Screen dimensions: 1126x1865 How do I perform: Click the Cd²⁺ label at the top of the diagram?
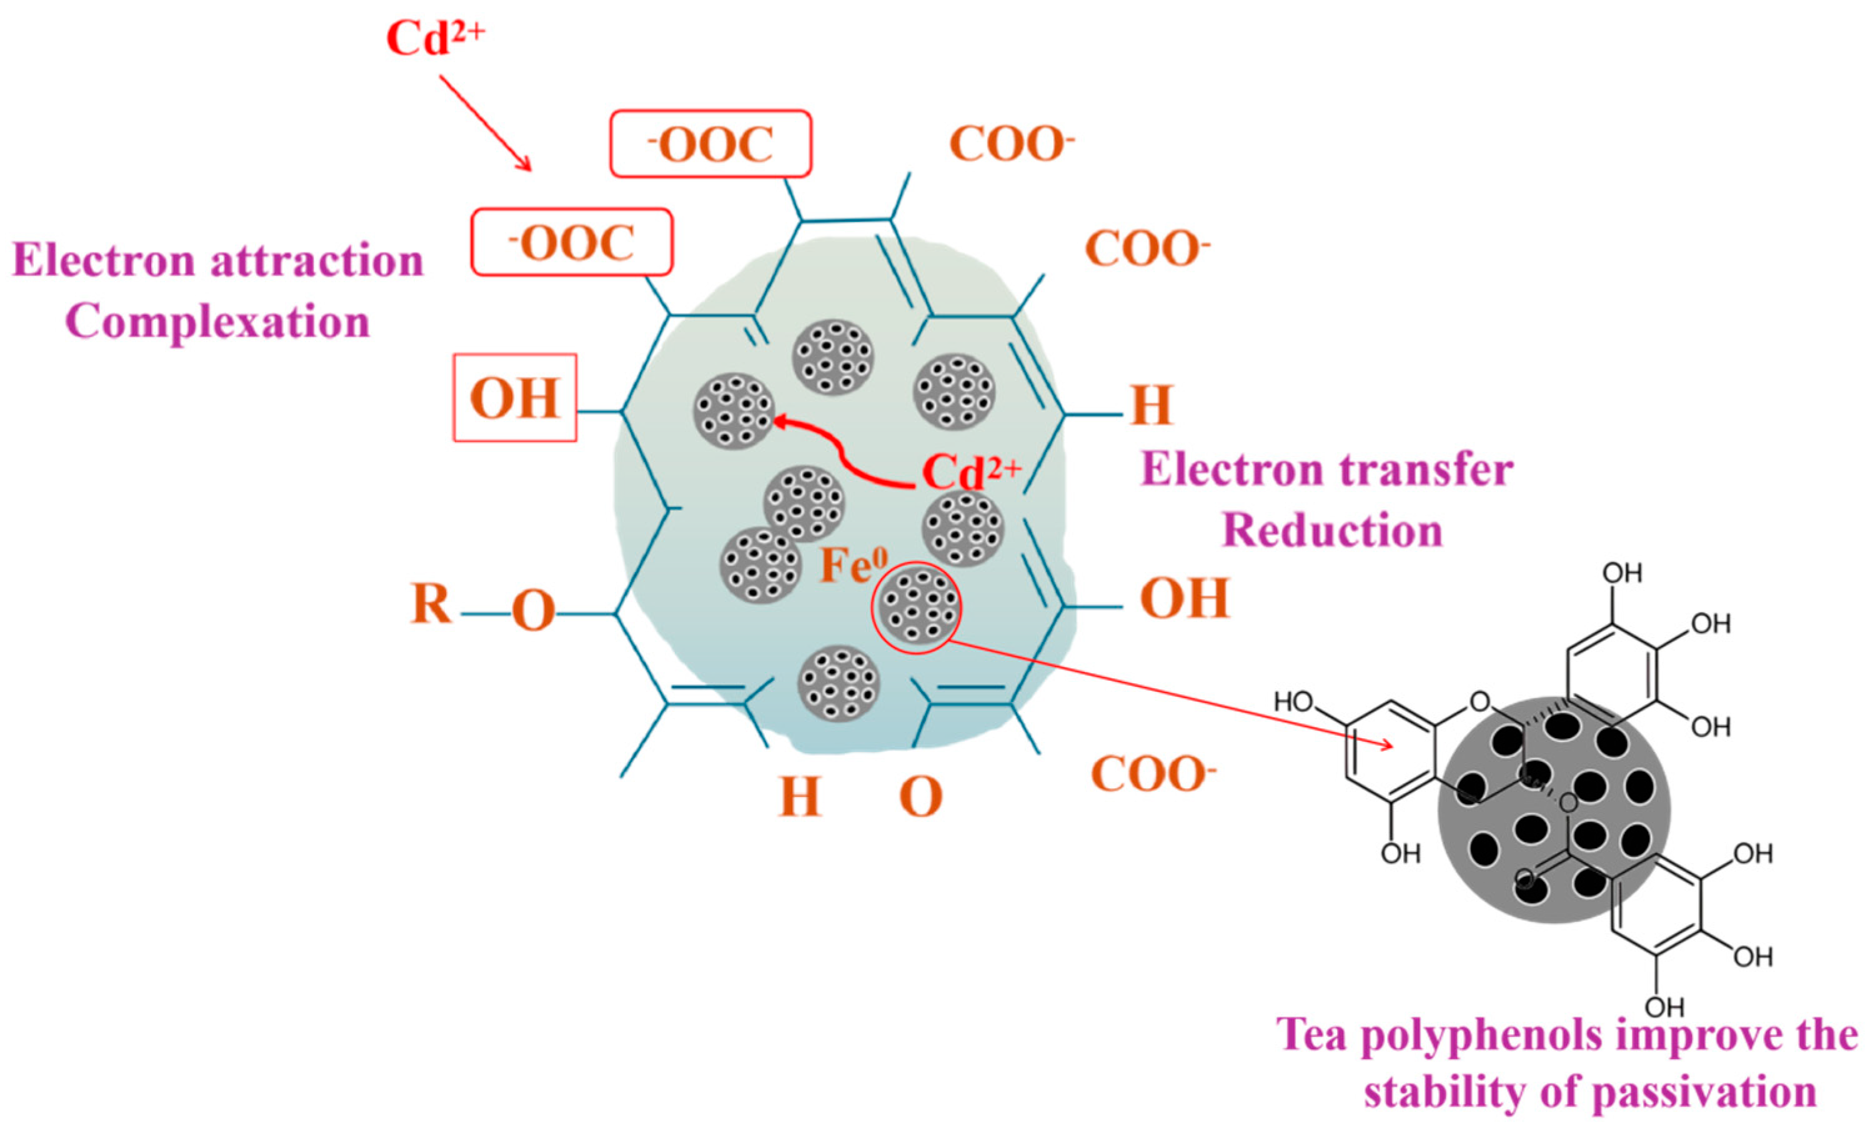click(434, 38)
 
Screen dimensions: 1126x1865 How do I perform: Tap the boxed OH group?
click(515, 398)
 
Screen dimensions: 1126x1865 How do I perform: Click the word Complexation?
click(218, 322)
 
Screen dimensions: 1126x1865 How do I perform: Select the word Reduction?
click(1332, 530)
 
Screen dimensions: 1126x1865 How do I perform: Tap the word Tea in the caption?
click(1313, 1035)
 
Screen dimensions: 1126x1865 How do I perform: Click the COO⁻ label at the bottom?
click(1153, 776)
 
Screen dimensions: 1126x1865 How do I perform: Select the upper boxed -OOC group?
click(711, 144)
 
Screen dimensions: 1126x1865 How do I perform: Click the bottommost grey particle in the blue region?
click(838, 683)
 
